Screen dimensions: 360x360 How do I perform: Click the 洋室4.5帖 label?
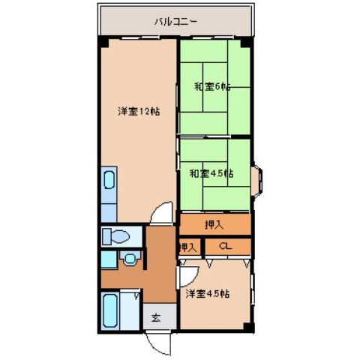click(207, 293)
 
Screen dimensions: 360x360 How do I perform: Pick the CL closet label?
click(226, 246)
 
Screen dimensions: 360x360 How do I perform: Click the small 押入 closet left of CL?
click(188, 246)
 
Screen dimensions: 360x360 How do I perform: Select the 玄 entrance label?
click(157, 316)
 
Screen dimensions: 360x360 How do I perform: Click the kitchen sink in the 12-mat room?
click(109, 182)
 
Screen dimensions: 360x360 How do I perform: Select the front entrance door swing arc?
click(158, 341)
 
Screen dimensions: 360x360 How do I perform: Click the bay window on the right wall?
click(257, 178)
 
